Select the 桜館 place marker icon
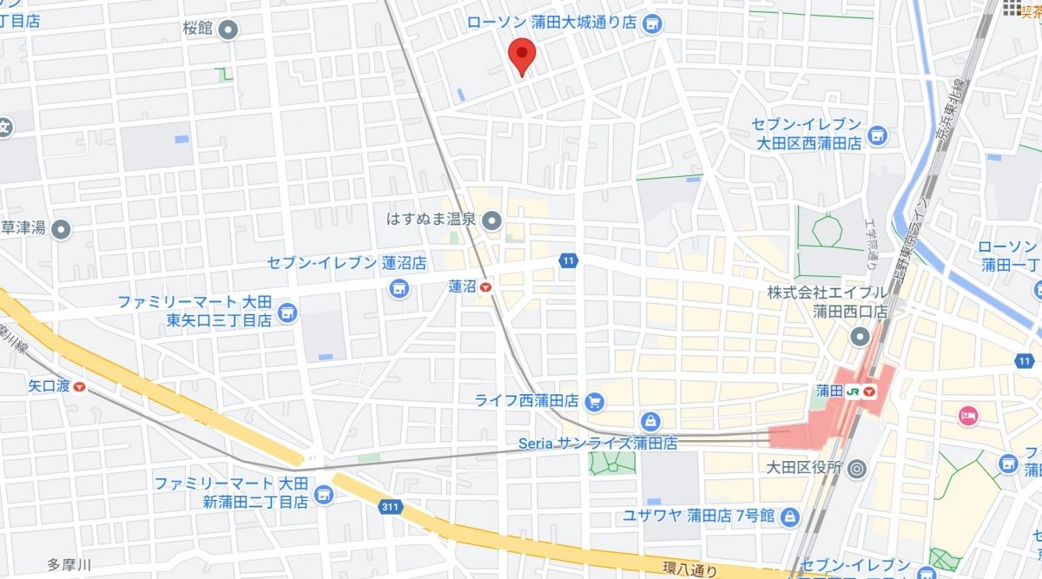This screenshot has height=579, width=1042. click(228, 30)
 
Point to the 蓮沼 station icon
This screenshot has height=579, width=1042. click(485, 287)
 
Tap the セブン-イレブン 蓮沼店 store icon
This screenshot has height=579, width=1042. click(399, 287)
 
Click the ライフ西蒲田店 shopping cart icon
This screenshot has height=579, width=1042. click(595, 401)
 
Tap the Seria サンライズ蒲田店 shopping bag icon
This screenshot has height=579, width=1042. click(650, 423)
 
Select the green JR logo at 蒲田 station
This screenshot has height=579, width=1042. click(854, 391)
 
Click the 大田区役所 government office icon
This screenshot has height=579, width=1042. click(856, 469)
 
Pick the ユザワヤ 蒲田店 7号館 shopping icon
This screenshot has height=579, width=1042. click(788, 516)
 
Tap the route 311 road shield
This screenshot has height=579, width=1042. click(391, 505)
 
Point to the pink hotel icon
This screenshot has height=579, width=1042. click(968, 416)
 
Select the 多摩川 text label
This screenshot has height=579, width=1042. click(69, 563)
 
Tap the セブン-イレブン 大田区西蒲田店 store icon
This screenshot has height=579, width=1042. click(878, 135)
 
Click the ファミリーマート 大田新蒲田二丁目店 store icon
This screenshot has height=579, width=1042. click(323, 495)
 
